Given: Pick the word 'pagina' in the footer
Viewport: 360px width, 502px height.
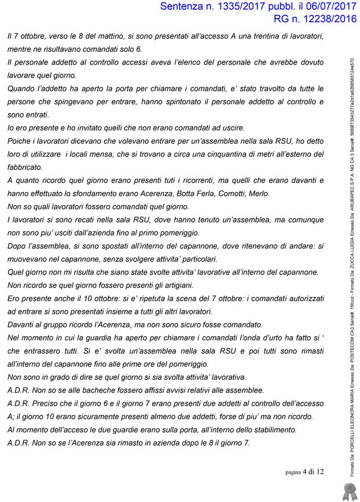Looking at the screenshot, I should click(293, 472).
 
